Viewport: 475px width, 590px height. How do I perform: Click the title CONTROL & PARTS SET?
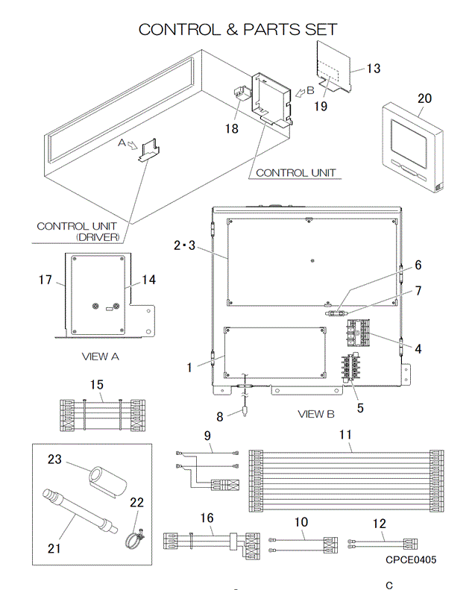238,30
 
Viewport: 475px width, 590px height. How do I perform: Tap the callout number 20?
424,98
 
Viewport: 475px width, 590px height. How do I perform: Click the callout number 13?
373,69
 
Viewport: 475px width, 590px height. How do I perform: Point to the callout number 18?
231,129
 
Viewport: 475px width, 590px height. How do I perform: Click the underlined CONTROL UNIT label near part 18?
295,173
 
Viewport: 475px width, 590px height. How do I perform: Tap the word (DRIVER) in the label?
98,237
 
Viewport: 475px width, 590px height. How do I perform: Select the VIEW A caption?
101,357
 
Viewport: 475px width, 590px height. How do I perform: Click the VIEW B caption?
316,413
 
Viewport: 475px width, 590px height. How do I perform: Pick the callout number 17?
45,280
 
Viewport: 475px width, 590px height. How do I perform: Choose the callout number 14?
149,280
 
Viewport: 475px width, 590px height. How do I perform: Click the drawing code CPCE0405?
411,559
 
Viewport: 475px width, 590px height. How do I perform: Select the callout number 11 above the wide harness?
345,433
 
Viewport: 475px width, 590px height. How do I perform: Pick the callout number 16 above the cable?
207,517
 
